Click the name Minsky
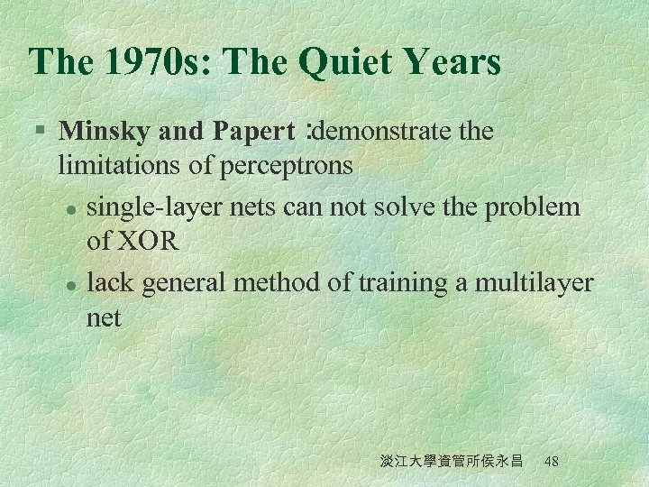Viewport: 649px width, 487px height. (x=105, y=132)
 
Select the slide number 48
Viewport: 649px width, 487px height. (x=552, y=461)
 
